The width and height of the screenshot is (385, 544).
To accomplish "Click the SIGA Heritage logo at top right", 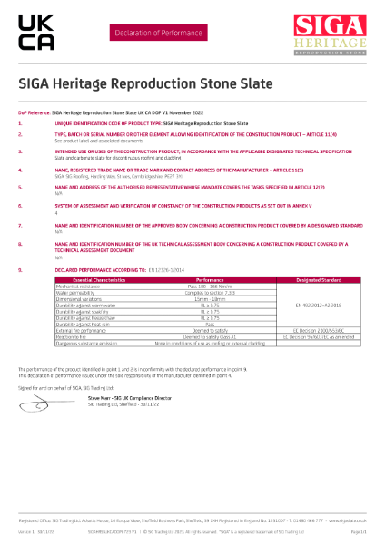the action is (x=331, y=35).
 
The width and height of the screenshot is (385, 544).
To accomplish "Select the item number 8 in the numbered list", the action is (x=20, y=244).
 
